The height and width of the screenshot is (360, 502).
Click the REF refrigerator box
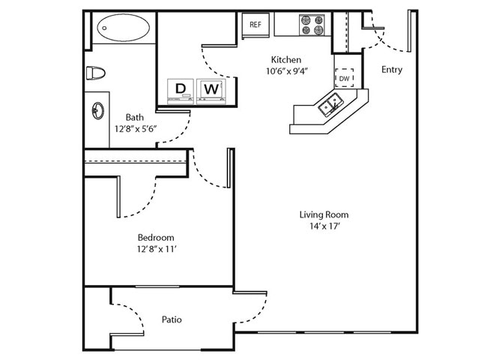click(x=255, y=25)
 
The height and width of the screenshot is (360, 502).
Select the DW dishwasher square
click(x=344, y=78)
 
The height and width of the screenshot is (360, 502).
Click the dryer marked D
click(x=180, y=89)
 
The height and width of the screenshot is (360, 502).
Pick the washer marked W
click(x=212, y=89)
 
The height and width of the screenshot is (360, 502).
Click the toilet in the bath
click(x=94, y=73)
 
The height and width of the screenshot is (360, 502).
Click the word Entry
click(x=391, y=70)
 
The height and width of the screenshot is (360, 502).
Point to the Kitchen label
click(x=286, y=59)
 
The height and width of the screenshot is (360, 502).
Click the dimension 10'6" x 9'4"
click(x=287, y=72)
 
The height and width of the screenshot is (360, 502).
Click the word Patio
click(x=172, y=319)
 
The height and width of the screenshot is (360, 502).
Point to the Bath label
click(x=135, y=117)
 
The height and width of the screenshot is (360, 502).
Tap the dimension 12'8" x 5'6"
click(x=135, y=129)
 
